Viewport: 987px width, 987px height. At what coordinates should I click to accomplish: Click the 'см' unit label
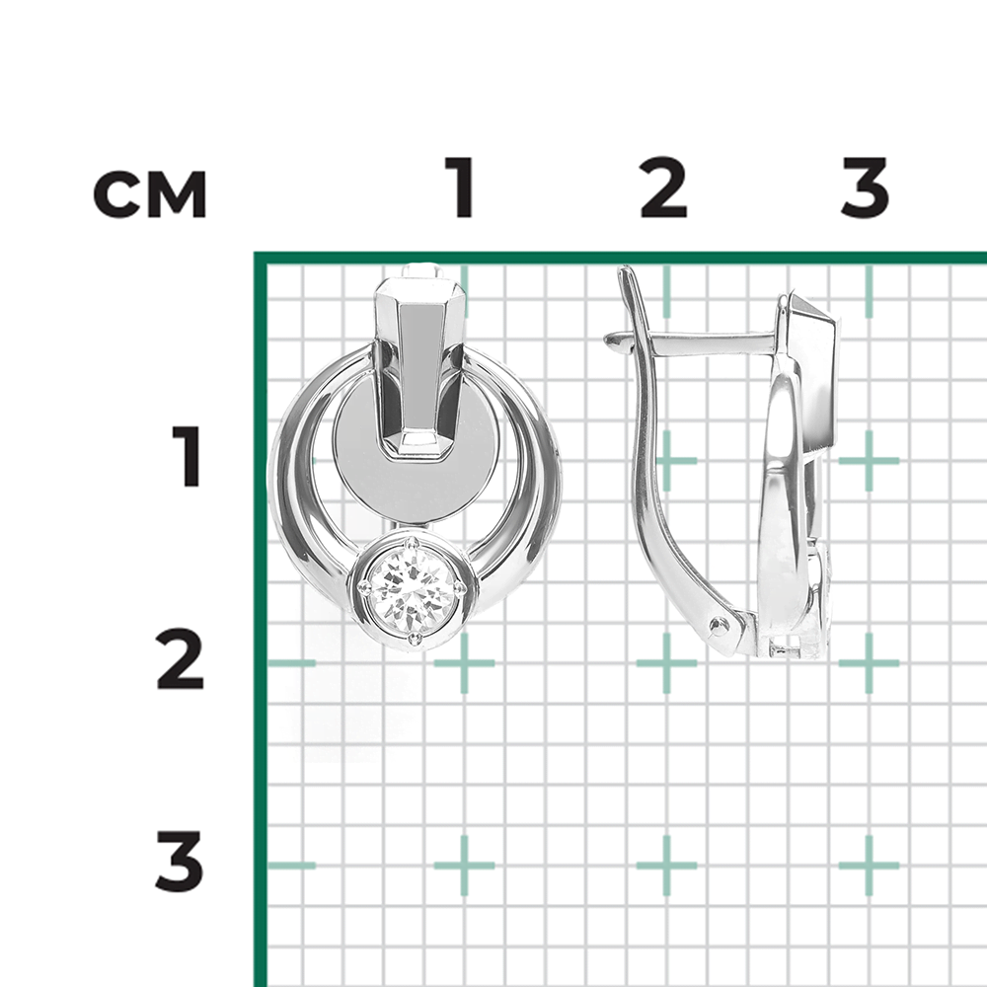[x=150, y=193]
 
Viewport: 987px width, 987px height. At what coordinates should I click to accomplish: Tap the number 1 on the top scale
[x=461, y=187]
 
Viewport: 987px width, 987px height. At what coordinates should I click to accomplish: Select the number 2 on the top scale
[x=663, y=187]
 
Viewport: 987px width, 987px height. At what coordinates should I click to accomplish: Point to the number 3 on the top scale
[x=866, y=187]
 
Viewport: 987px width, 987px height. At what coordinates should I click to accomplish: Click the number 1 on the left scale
[x=187, y=456]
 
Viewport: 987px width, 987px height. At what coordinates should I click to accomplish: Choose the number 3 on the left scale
[x=180, y=862]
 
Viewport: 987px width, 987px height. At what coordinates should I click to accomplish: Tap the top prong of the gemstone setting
[x=413, y=543]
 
